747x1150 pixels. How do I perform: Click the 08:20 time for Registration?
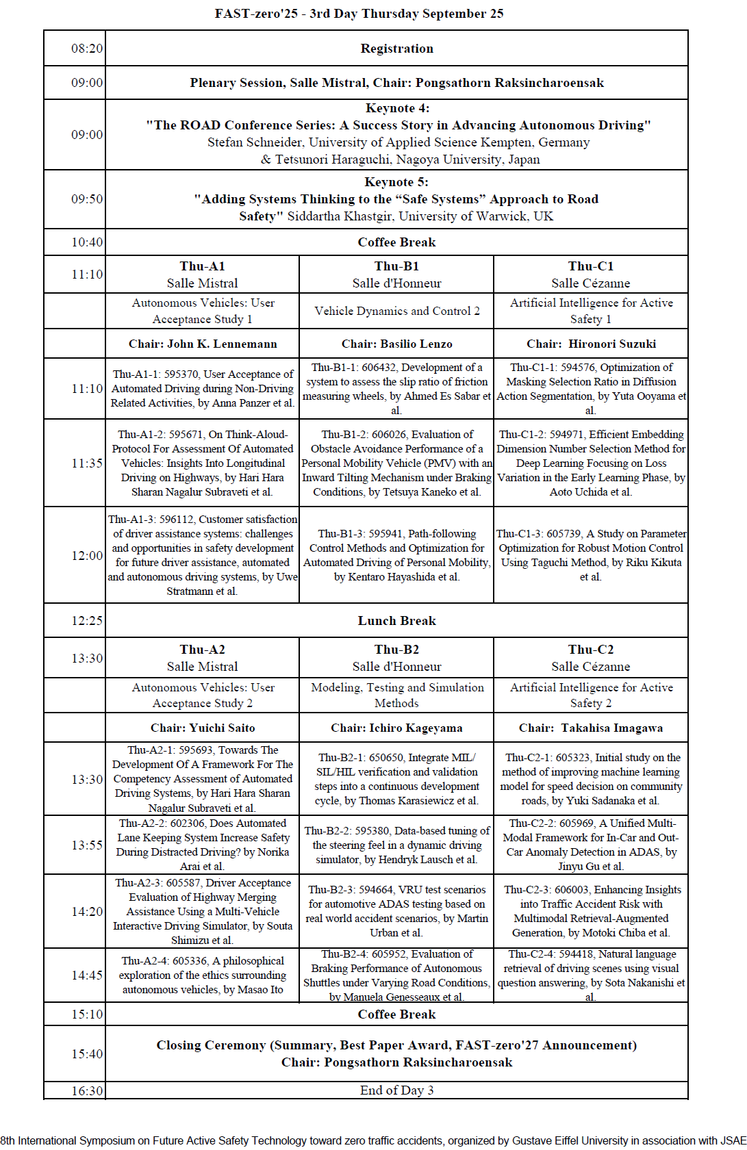tap(87, 49)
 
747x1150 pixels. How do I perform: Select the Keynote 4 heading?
tap(397, 108)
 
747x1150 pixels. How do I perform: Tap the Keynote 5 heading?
tap(396, 182)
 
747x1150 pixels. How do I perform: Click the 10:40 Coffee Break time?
tap(87, 242)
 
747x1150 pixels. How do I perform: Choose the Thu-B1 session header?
tap(396, 266)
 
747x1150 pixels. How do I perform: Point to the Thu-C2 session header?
tap(591, 650)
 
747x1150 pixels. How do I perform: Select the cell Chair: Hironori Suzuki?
tap(591, 344)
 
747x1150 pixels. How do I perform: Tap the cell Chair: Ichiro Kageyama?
tap(396, 728)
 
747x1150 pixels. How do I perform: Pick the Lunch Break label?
tap(396, 621)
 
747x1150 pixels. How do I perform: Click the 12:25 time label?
tap(87, 621)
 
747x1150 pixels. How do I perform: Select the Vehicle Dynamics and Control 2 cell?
tap(396, 311)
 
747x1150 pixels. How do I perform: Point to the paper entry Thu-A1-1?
tap(203, 388)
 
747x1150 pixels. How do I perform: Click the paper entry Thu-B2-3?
tap(396, 911)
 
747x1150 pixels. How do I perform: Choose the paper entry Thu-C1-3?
tap(591, 555)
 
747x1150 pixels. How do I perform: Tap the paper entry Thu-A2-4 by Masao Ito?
tap(203, 975)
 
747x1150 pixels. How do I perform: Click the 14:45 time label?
tap(87, 975)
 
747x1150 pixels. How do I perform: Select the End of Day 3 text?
tap(396, 1090)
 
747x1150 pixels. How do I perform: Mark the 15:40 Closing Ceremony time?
tap(87, 1054)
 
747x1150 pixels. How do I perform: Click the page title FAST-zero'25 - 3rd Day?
tap(359, 14)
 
